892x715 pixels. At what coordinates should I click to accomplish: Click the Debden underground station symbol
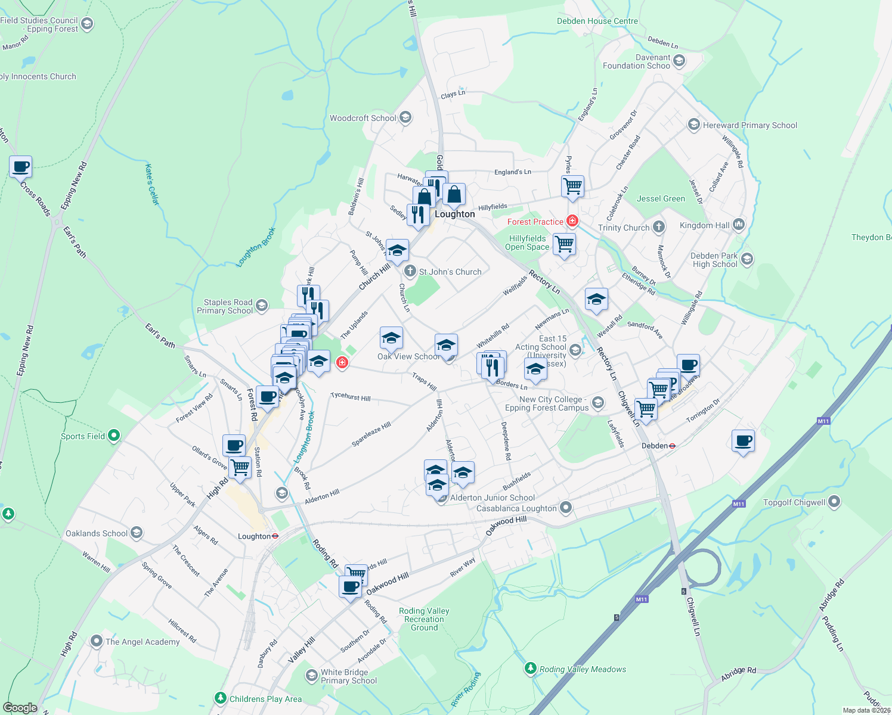coord(672,446)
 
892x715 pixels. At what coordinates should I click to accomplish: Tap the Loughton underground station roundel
coord(275,536)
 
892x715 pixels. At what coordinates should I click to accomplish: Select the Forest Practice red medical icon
coord(572,222)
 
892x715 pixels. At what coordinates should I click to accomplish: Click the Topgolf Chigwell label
coord(794,502)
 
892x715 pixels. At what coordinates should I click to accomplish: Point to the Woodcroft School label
coord(363,118)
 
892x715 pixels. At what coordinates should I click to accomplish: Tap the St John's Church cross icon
coord(410,272)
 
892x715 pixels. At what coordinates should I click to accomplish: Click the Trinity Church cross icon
coord(658,227)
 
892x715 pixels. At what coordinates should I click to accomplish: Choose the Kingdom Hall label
coord(704,225)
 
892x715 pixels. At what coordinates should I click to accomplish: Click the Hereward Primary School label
coord(749,125)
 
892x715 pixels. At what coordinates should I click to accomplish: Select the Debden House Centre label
coord(597,21)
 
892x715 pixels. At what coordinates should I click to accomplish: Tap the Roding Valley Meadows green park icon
coord(531,669)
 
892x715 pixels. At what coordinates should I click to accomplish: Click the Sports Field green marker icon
coord(114,436)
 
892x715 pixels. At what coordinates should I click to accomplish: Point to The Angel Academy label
coord(143,642)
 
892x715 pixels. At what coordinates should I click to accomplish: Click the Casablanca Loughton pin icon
coord(566,508)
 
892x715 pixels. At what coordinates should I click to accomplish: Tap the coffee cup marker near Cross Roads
coord(20,167)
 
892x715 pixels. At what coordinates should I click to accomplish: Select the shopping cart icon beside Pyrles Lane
coord(572,186)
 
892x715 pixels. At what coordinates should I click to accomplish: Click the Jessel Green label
coord(661,198)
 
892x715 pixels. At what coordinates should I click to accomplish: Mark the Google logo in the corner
coord(20,708)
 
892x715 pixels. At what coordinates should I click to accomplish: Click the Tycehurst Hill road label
coord(351,397)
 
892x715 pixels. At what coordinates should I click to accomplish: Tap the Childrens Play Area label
coord(265,699)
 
